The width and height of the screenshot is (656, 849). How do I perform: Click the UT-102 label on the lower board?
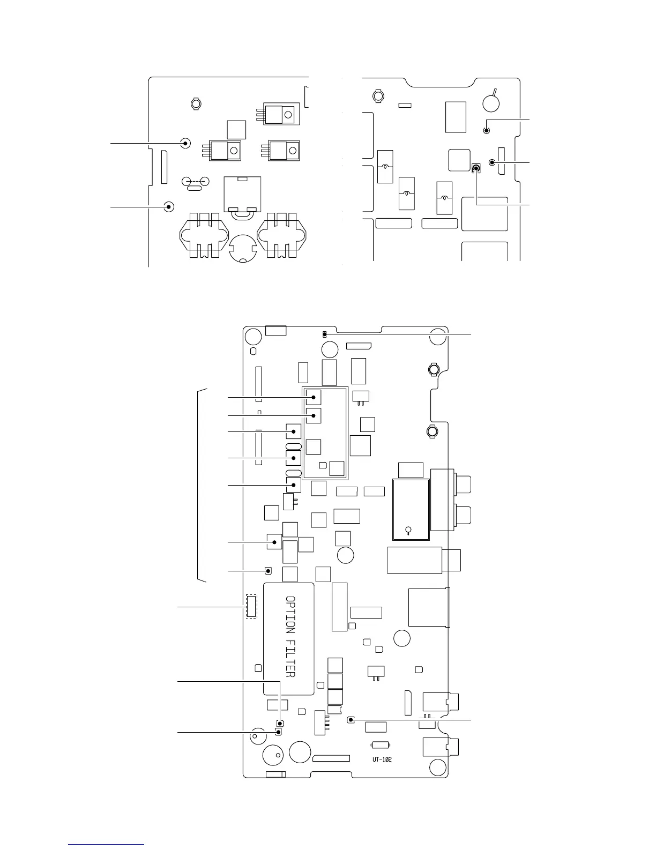382,759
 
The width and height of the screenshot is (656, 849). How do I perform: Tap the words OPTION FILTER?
290,636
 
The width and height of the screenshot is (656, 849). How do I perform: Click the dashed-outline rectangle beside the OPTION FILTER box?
251,606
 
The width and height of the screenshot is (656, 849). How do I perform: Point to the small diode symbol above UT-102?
381,744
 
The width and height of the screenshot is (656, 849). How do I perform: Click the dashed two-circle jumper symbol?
196,182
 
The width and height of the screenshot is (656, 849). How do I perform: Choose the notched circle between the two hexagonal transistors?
242,248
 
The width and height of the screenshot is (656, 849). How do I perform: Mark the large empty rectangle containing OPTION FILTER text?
289,639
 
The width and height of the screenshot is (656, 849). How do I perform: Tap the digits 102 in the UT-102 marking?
386,759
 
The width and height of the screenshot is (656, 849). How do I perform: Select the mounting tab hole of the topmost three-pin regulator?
289,115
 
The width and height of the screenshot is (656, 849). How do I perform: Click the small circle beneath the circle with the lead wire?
487,130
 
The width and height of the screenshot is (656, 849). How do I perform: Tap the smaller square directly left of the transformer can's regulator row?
236,130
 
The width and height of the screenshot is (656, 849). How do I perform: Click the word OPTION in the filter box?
290,615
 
